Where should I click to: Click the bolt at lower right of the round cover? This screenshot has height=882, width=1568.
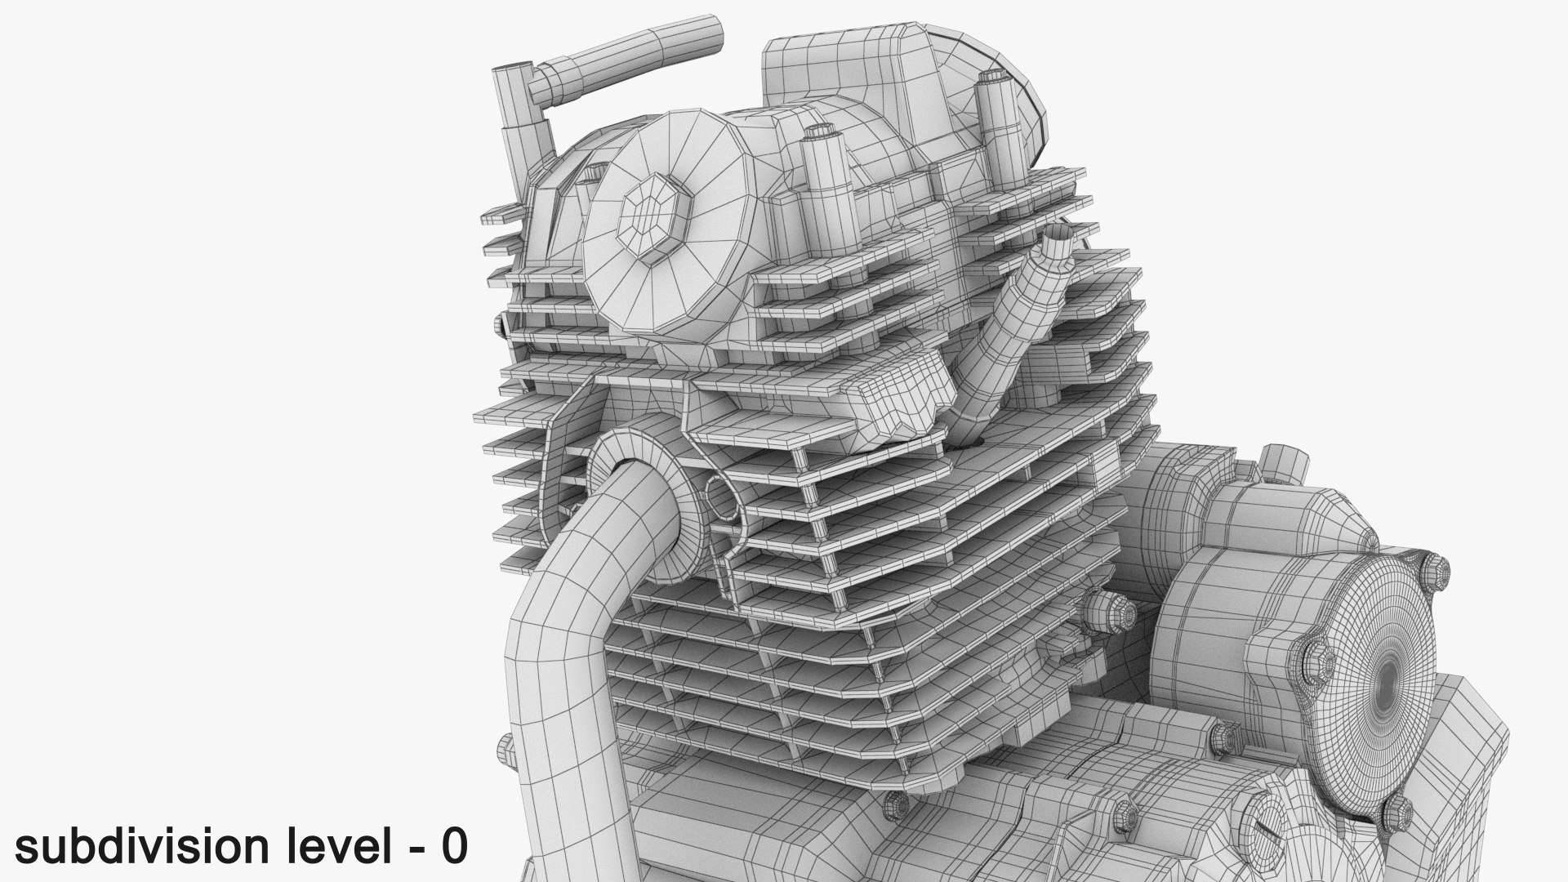click(1397, 813)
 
